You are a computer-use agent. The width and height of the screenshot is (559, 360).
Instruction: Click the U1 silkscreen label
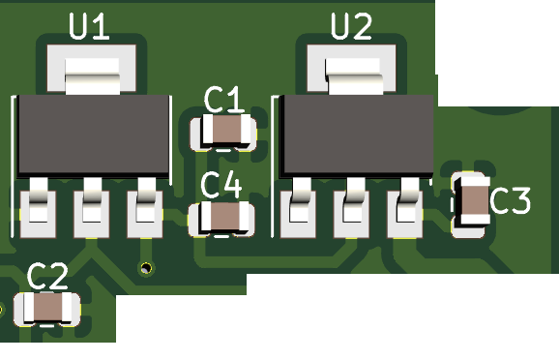click(x=89, y=26)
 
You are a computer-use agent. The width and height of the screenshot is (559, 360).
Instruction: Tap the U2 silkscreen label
click(x=351, y=26)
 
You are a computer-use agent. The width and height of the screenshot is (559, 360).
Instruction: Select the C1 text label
click(x=224, y=101)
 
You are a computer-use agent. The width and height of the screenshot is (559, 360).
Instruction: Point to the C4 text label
click(x=221, y=185)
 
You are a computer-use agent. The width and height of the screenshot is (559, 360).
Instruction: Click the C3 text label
click(x=511, y=201)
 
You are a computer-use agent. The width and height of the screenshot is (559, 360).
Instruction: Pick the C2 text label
click(x=47, y=276)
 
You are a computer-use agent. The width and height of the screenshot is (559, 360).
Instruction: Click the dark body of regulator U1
click(x=94, y=135)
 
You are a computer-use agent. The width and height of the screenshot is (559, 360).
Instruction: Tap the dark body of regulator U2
click(x=357, y=135)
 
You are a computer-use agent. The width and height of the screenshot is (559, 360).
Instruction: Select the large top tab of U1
click(x=92, y=76)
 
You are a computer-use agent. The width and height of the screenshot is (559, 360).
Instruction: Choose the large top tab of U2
click(x=354, y=76)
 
